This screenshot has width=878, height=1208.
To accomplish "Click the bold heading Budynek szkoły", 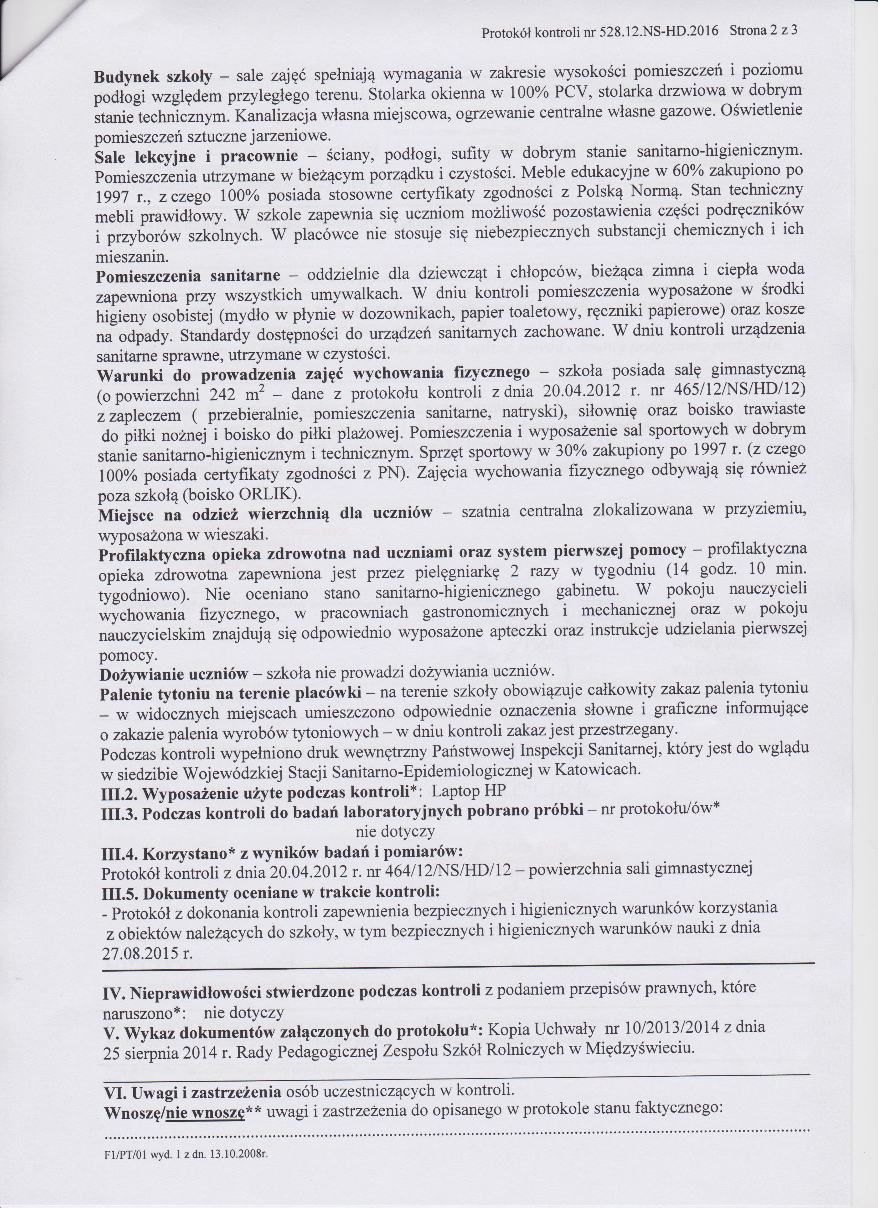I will coord(153,76).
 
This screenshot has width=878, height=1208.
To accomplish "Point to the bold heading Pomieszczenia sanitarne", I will coord(188,277).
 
